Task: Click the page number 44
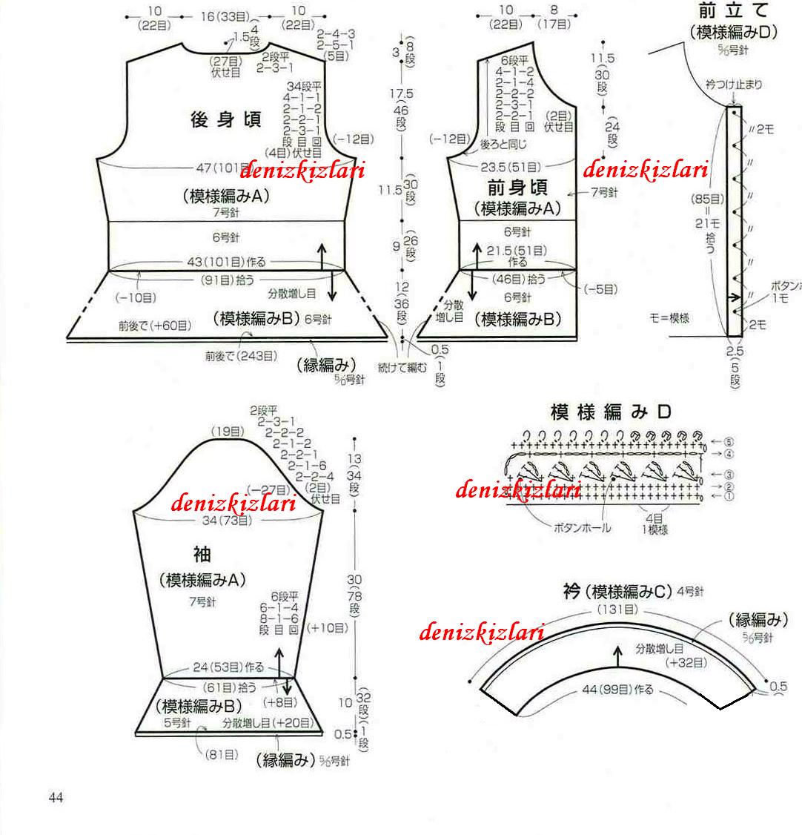pos(56,797)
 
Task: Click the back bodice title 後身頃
pos(225,120)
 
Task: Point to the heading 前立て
pos(733,11)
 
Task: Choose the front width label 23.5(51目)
pos(511,166)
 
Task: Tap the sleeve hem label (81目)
pos(222,754)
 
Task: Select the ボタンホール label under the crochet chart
pos(583,528)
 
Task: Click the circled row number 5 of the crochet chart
pos(710,441)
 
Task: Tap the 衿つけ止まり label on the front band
pos(734,85)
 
